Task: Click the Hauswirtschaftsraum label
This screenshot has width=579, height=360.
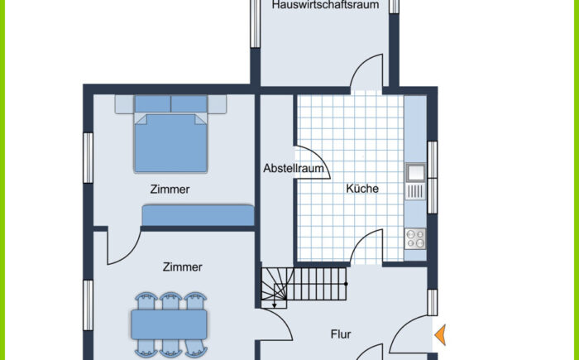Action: coord(325,5)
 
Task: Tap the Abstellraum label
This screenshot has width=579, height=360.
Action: coord(294,169)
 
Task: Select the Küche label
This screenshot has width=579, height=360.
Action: coord(362,188)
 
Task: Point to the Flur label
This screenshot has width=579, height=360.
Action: coord(341,334)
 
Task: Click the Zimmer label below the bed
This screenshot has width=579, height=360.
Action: coord(170,190)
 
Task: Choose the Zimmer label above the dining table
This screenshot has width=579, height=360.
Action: coord(183,266)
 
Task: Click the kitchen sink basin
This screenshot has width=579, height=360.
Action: coord(416,172)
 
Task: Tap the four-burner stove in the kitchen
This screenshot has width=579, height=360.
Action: coord(415,239)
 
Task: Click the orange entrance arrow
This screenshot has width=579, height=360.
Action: coord(440,335)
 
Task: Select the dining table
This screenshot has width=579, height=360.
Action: coord(169,324)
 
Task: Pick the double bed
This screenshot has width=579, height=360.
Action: coord(170,134)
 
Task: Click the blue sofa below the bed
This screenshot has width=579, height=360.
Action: coord(198,215)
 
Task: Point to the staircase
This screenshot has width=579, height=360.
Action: coord(304,287)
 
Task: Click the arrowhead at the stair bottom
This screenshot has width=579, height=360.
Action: coord(275,305)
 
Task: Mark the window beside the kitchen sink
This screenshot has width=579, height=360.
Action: coord(432,177)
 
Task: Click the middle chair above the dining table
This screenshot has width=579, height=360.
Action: coord(170,301)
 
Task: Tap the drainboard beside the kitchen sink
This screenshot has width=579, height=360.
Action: coord(416,191)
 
